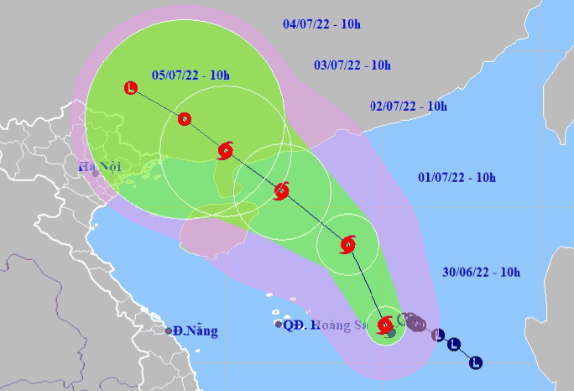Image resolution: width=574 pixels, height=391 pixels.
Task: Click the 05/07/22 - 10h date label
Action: pos(190,76)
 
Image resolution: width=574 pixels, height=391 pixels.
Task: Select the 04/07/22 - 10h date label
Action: pos(321,23)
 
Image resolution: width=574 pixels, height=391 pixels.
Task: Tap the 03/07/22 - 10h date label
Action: pos(352,65)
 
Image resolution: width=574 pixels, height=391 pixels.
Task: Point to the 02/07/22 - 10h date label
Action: pos(408,106)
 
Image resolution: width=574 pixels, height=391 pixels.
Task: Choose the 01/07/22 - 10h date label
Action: pos(457,177)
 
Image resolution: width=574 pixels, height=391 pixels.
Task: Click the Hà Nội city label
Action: pos(100,167)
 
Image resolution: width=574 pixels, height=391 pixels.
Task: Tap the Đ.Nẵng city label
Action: pos(196,331)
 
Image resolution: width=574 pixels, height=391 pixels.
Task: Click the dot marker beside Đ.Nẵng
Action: pos(169,331)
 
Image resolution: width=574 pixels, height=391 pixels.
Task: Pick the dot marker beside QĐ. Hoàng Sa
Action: pos(278,324)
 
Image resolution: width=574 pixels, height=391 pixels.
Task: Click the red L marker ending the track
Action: pos(130,86)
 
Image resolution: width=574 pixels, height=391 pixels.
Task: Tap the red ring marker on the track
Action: pos(185,119)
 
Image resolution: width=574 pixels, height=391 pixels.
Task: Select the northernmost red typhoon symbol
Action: pos(225,151)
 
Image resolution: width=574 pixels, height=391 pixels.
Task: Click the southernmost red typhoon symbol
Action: pos(385,325)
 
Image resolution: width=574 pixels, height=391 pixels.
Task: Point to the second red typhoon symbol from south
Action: pos(347,245)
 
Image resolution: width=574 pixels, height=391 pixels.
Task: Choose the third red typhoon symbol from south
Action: pos(281,191)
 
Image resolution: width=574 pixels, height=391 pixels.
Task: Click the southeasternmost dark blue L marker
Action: pos(476,362)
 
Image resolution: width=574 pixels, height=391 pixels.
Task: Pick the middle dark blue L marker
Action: pos(454,343)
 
